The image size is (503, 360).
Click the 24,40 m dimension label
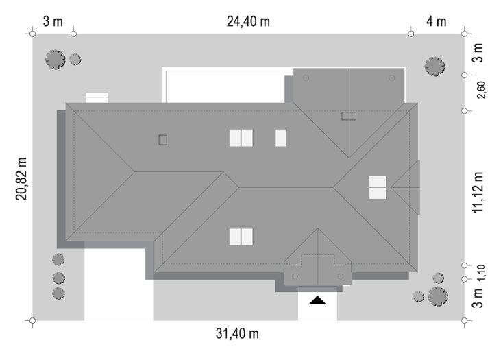(x=248, y=21)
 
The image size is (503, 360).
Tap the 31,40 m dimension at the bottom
(x=237, y=334)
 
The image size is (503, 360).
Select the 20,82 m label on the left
(x=21, y=179)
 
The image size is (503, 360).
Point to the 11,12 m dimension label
(x=478, y=192)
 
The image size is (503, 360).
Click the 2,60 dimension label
(x=481, y=90)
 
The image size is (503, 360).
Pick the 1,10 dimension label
(x=481, y=273)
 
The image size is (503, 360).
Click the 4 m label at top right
(x=437, y=21)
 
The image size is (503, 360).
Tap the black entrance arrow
(x=317, y=300)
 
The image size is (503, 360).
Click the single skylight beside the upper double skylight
(x=281, y=138)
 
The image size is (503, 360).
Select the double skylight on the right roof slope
(x=378, y=187)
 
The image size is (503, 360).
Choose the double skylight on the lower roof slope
(x=241, y=237)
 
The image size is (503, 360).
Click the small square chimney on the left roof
(x=162, y=140)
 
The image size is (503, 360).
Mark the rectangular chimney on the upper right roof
(x=349, y=116)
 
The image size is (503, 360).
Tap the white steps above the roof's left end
(x=97, y=97)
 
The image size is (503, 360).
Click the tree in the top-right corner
(x=434, y=67)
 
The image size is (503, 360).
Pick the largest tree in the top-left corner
(x=56, y=60)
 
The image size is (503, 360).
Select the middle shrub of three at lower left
(x=59, y=278)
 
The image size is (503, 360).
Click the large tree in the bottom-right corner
(x=438, y=296)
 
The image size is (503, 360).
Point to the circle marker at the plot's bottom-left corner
(x=32, y=320)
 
